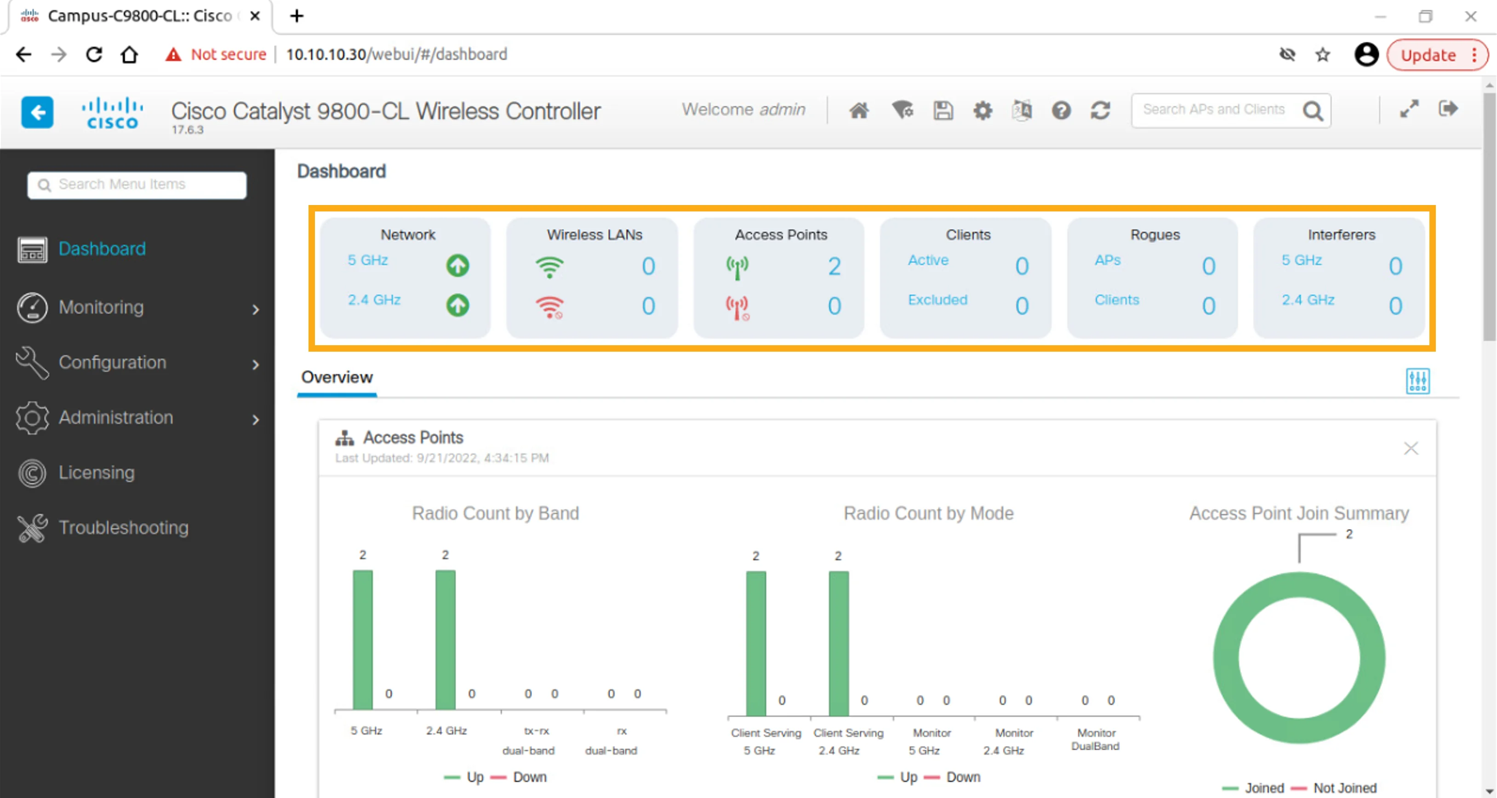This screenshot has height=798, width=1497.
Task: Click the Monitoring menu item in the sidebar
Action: pyautogui.click(x=101, y=307)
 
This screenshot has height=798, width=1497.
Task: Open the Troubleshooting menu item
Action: pyautogui.click(x=123, y=527)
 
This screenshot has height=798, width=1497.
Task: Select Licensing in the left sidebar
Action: pyautogui.click(x=97, y=473)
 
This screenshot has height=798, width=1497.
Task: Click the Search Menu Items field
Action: pyautogui.click(x=137, y=185)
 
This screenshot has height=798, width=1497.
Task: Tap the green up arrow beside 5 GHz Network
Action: pyautogui.click(x=458, y=266)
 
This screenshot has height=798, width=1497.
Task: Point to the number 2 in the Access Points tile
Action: pyautogui.click(x=834, y=267)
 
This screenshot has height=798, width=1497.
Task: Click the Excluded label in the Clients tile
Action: pyautogui.click(x=937, y=300)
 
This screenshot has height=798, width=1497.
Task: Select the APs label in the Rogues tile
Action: pyautogui.click(x=1108, y=260)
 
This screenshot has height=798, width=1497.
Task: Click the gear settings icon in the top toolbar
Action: pyautogui.click(x=983, y=110)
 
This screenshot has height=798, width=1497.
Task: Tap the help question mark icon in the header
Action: pyautogui.click(x=1061, y=110)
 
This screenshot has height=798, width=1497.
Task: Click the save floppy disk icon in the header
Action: pyautogui.click(x=943, y=110)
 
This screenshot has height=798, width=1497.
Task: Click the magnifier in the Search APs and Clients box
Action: pyautogui.click(x=1313, y=110)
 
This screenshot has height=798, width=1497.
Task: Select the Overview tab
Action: pyautogui.click(x=337, y=377)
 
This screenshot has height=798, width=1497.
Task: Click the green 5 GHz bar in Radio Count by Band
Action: pyautogui.click(x=363, y=639)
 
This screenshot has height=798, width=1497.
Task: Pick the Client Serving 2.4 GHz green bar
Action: pyautogui.click(x=839, y=644)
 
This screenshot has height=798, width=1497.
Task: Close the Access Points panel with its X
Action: pyautogui.click(x=1411, y=448)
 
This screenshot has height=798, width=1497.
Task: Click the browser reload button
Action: pyautogui.click(x=94, y=54)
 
